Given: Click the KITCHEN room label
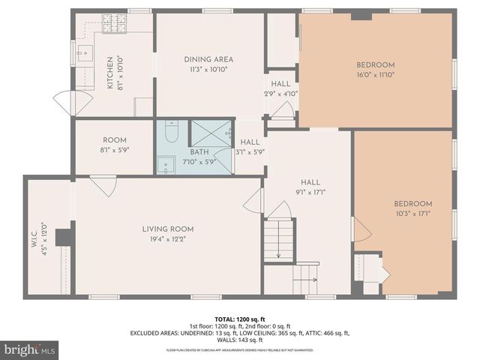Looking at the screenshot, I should (110, 72).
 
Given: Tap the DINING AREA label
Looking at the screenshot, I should (208, 59).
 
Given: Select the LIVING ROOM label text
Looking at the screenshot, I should (168, 229).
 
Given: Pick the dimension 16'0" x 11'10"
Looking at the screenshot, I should (375, 75).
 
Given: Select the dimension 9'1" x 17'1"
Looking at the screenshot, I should (310, 190).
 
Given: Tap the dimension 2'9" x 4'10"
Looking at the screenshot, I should (281, 94).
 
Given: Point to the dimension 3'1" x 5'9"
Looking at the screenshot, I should (250, 151).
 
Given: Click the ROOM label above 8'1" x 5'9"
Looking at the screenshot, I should (115, 140).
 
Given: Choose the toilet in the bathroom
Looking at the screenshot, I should (170, 133).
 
